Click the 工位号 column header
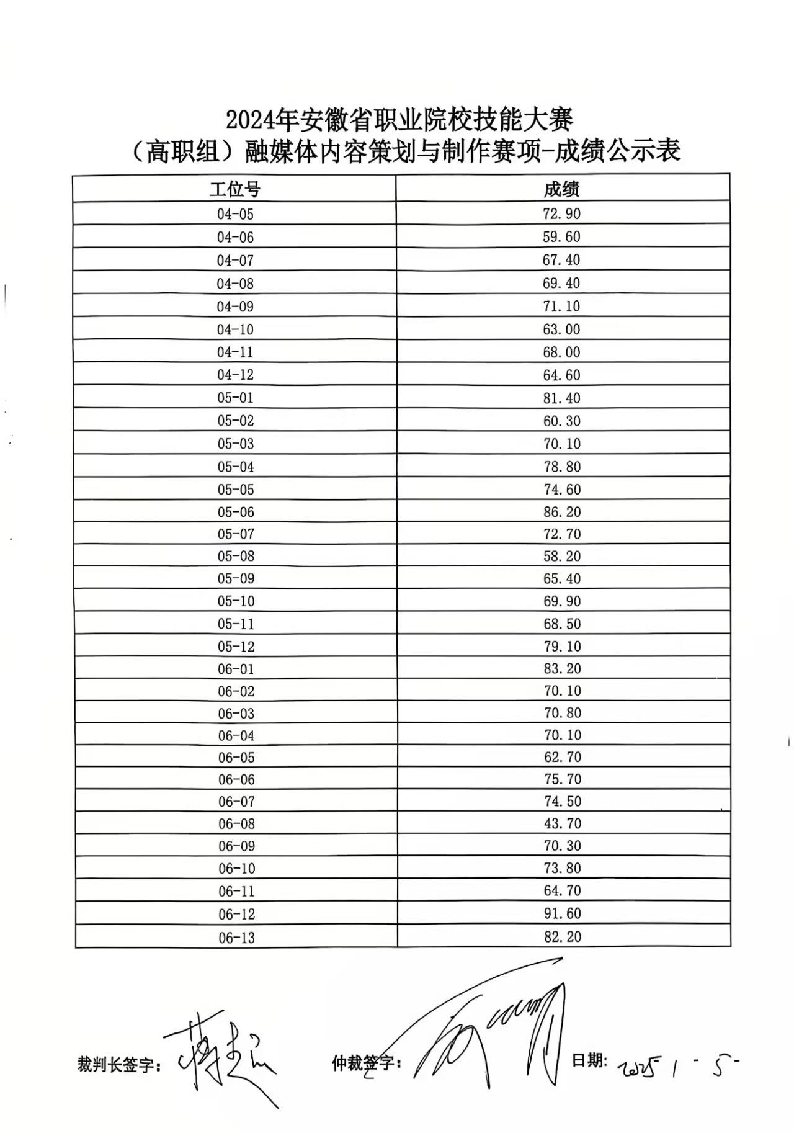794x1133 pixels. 234,189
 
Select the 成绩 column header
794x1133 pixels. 561,189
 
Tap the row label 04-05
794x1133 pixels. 235,214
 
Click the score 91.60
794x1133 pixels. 563,913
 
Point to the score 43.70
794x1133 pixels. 563,823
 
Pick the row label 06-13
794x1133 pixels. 236,937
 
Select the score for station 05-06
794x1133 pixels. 562,512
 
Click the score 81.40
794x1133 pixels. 562,398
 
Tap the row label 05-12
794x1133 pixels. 236,647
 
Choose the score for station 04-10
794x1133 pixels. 561,329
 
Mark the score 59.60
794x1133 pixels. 561,236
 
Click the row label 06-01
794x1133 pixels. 236,669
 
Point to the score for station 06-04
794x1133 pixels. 563,735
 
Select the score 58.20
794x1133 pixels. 562,556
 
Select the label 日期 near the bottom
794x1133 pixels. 589,1060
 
